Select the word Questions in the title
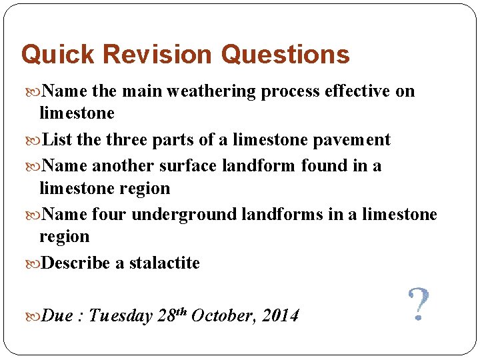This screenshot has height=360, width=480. (x=285, y=55)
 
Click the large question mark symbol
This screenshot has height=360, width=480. (x=417, y=305)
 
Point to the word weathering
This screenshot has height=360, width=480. (x=213, y=91)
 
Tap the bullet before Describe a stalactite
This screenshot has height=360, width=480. (x=33, y=263)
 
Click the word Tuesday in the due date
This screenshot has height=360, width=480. (x=121, y=315)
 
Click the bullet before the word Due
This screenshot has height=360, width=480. (x=33, y=316)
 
